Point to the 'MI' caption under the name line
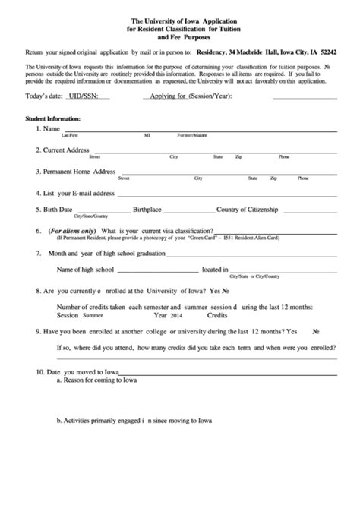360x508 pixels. coord(147,135)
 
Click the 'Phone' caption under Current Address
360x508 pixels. coord(283,156)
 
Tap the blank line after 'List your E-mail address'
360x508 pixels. coord(197,194)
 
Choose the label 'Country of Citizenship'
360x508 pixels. coord(248,210)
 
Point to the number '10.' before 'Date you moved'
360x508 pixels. coord(40,372)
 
